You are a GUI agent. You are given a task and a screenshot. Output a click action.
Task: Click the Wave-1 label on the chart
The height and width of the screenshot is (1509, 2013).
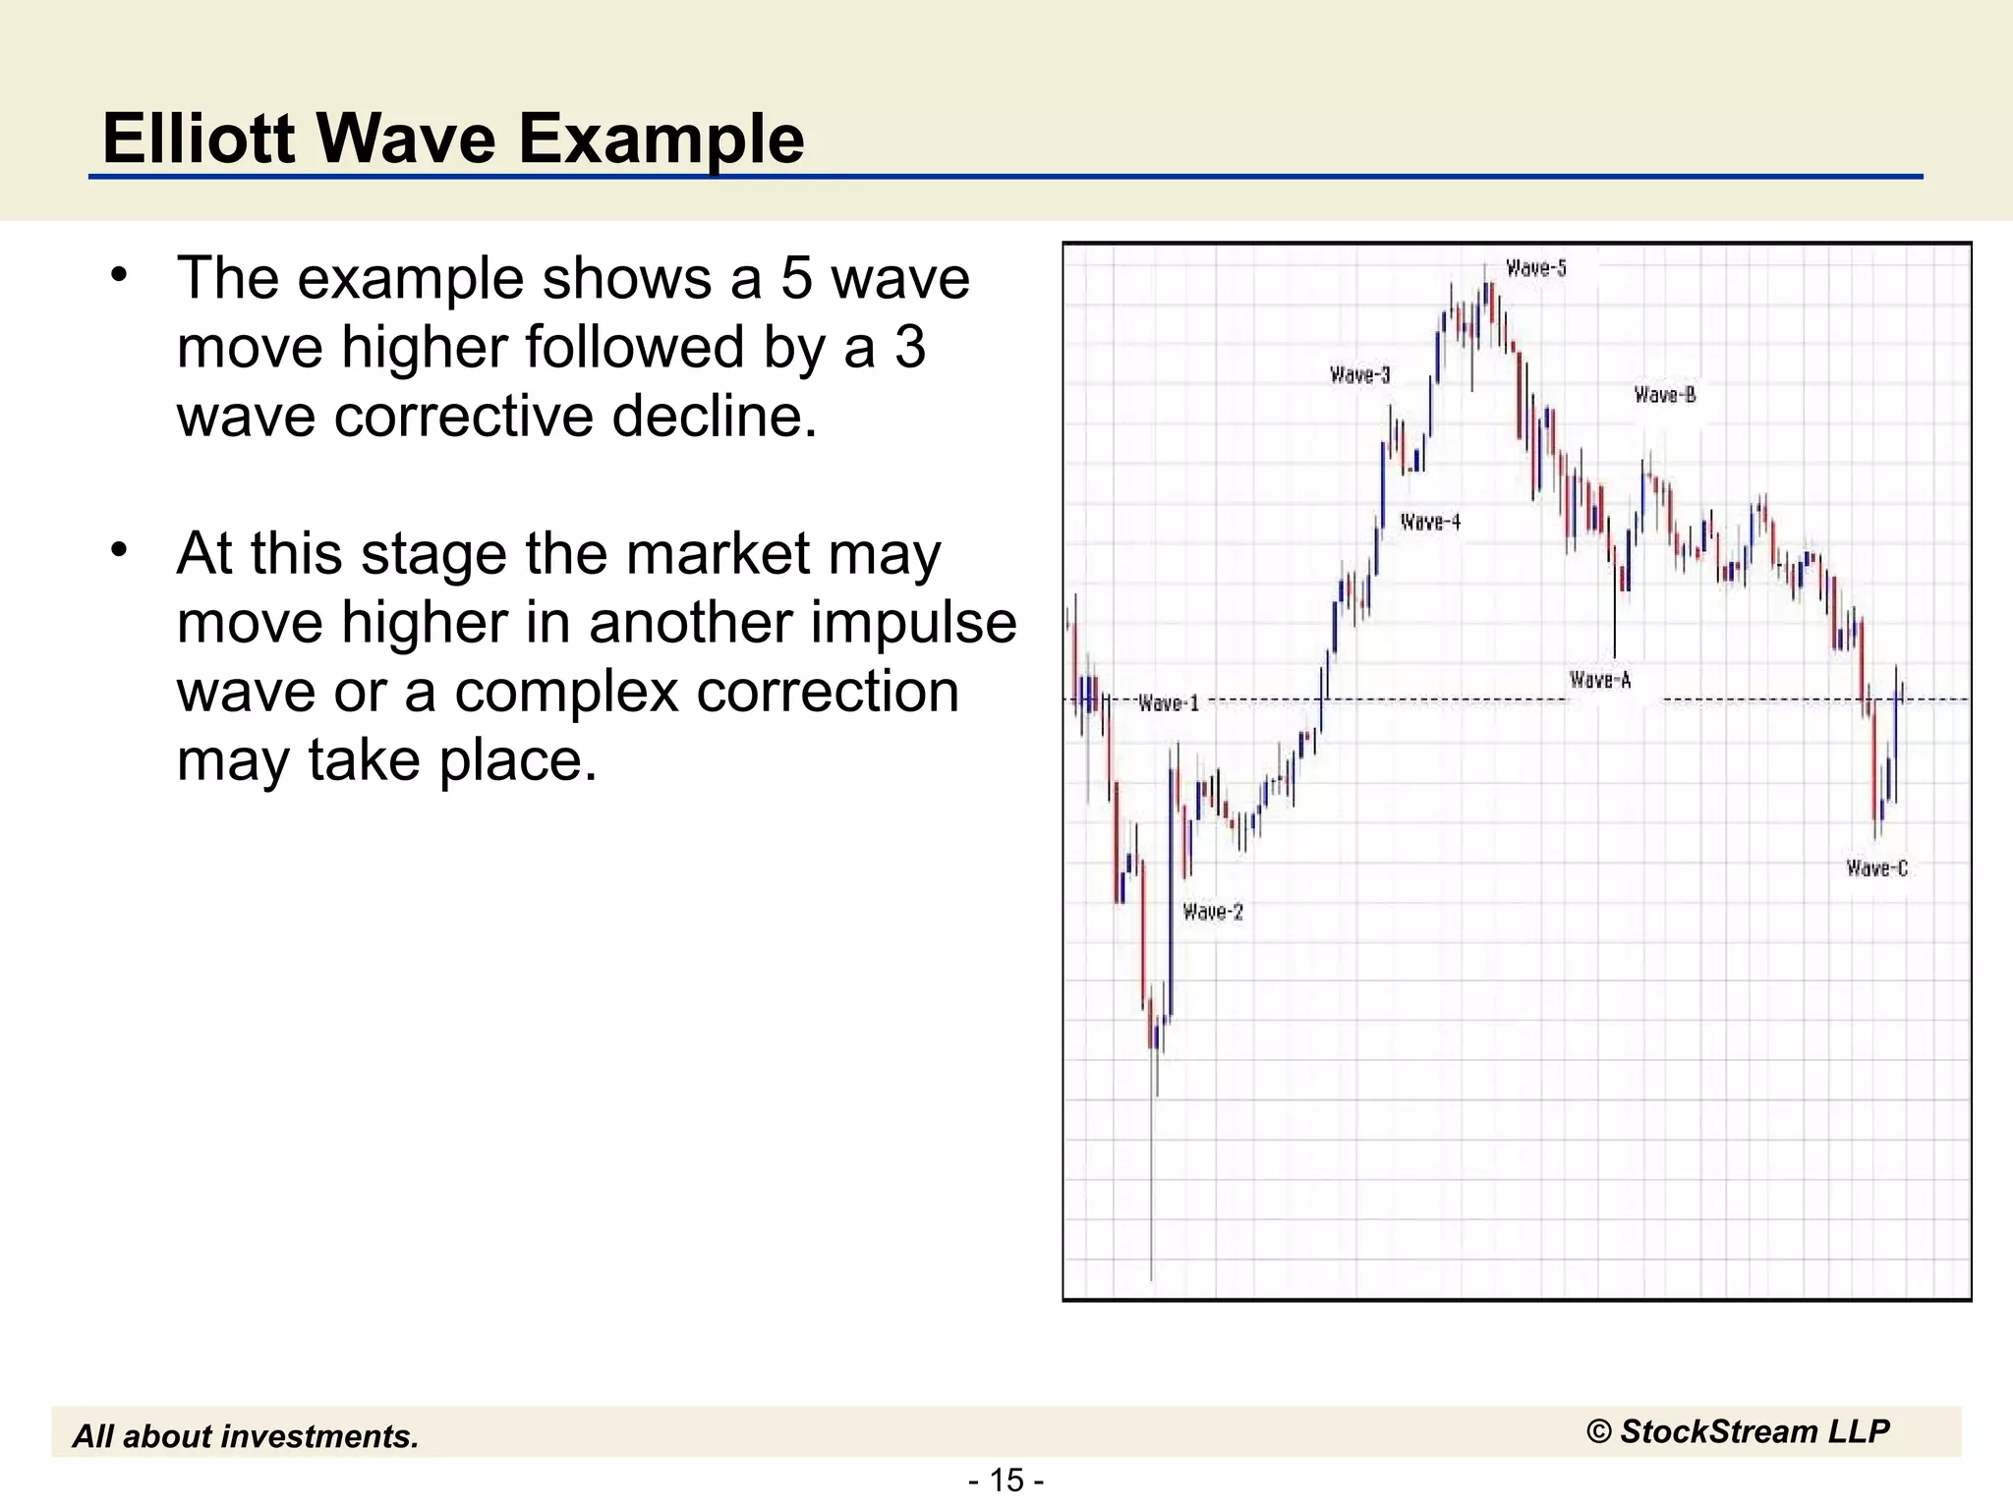point(1169,703)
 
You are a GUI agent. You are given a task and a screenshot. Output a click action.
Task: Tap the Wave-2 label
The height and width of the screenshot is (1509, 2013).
point(1213,912)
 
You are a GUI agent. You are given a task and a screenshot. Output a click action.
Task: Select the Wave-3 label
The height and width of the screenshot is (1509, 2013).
point(1359,374)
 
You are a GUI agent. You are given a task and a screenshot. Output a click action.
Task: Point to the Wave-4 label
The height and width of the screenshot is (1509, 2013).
point(1430,522)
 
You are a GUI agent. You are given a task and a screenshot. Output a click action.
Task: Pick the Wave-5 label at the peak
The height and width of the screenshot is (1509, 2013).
point(1536,268)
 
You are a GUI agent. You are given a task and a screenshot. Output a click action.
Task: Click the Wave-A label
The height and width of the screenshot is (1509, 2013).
point(1600,680)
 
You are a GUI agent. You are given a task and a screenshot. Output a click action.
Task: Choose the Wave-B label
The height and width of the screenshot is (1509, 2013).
point(1665,395)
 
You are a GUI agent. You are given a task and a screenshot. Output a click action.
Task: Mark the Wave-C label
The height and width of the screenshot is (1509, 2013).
point(1876,868)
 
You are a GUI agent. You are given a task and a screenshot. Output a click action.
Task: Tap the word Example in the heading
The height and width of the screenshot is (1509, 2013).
point(661,140)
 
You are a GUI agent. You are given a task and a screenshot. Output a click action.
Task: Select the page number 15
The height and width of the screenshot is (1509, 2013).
point(1006,1480)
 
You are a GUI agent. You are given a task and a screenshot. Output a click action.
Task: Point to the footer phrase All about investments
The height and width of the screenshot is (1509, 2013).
point(246,1436)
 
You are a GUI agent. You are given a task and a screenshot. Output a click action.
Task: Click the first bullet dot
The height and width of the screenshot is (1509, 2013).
point(119,275)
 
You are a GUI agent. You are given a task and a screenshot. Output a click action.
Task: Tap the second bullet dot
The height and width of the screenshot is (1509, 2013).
point(119,550)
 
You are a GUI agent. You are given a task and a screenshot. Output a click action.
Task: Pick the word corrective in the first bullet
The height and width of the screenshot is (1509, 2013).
point(464,416)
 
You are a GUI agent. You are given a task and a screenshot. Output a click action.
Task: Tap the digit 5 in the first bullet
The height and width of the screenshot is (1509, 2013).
point(797,278)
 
